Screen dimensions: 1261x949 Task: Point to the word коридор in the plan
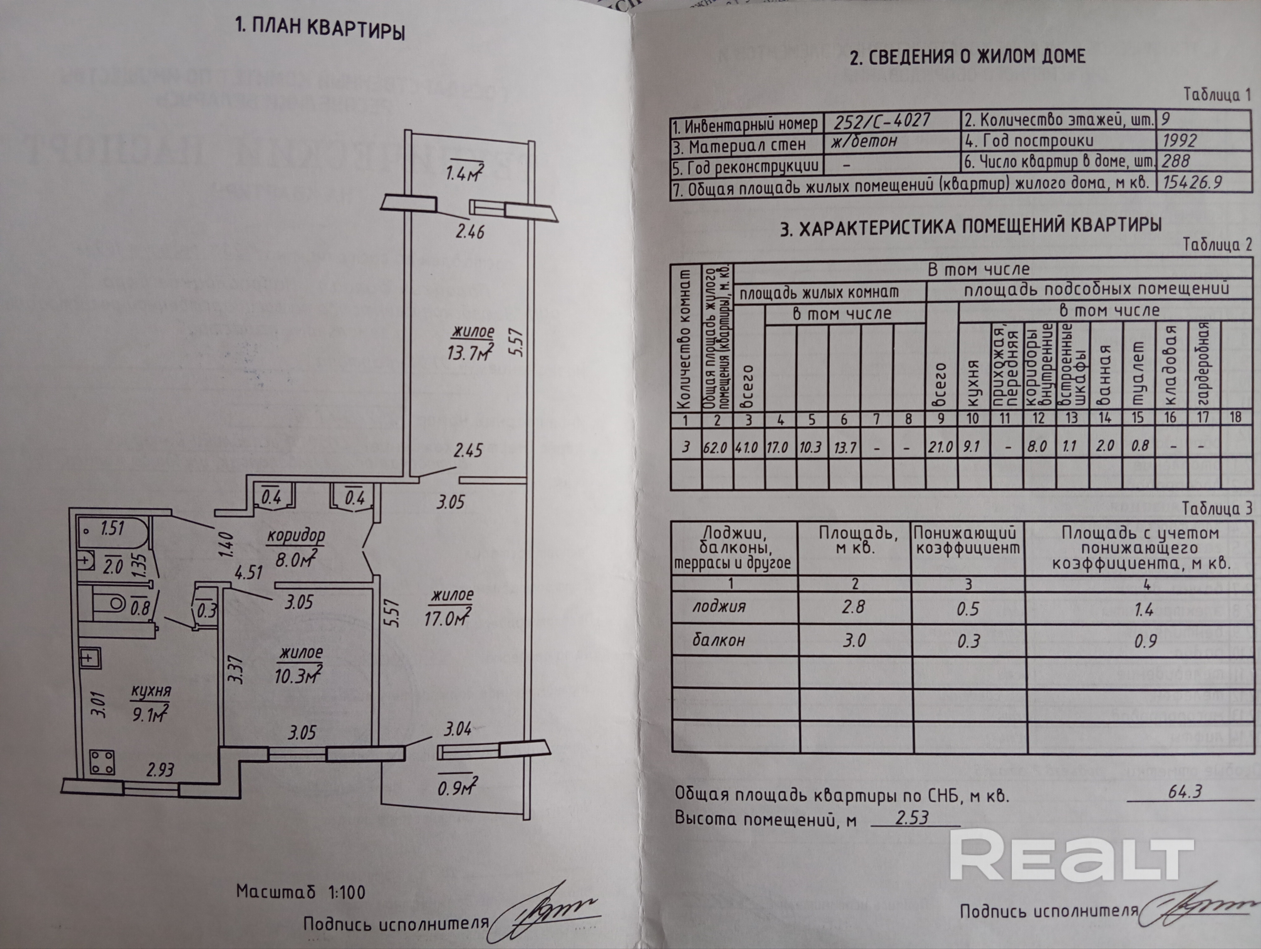tap(296, 535)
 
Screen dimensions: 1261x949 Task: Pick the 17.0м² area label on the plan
tap(448, 617)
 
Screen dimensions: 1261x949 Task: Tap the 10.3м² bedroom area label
tap(298, 676)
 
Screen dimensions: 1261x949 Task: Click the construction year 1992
tap(1179, 140)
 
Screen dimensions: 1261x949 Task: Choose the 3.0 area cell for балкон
tap(854, 640)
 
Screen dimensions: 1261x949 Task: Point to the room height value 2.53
tap(912, 818)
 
